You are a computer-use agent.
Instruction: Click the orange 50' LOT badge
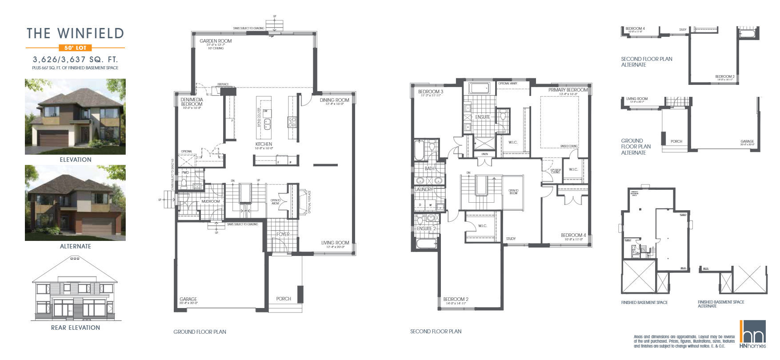coord(75,48)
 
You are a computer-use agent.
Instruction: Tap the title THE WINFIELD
coord(75,33)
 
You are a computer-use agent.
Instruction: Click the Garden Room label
coord(216,41)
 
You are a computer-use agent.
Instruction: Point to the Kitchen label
coord(264,144)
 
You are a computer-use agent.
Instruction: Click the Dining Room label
coord(334,100)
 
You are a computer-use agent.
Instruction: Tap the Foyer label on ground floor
coord(283,234)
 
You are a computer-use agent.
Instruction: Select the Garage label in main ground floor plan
coord(188,299)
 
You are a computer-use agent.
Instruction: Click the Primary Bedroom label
coord(568,90)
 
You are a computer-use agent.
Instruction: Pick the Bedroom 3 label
coord(430,92)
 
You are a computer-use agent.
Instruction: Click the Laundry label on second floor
coord(424,189)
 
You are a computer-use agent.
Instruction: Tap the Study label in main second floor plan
coord(511,239)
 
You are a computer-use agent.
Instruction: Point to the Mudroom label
coord(211,201)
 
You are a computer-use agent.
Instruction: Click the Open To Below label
coord(513,192)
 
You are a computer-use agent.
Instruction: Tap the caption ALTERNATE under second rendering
coord(75,246)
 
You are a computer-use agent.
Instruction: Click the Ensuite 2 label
coord(426,228)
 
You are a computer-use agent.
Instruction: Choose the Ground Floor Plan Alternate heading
coord(636,147)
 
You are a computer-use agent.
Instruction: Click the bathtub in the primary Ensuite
coord(479,88)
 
